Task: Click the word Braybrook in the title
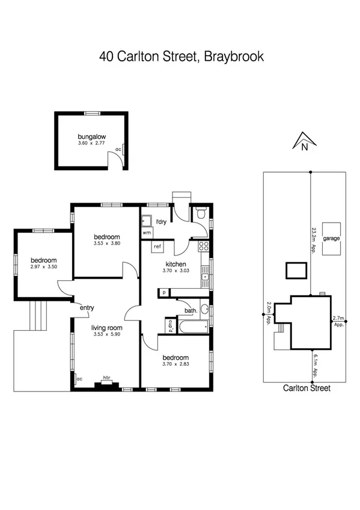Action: (x=234, y=58)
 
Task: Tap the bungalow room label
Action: (x=91, y=137)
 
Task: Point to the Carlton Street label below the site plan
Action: (x=307, y=389)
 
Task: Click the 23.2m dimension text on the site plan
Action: (x=314, y=241)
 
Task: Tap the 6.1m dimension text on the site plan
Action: (x=314, y=364)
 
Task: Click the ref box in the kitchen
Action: (x=157, y=247)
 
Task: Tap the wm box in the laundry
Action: (x=147, y=232)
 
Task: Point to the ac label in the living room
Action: (x=79, y=378)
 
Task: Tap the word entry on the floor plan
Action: (x=87, y=308)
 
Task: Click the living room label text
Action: (x=106, y=328)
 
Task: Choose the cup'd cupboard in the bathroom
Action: (x=170, y=325)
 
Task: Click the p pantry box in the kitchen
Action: (x=163, y=292)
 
